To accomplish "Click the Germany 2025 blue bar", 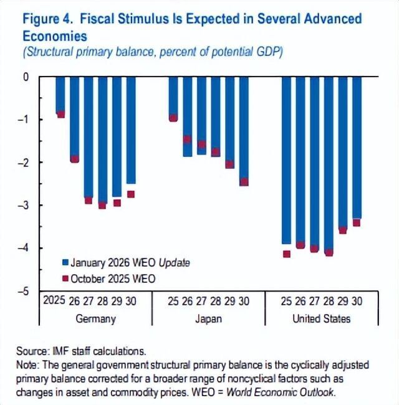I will point(60,93).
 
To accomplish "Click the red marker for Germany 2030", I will point(131,194).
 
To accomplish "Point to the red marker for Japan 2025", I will point(173,118).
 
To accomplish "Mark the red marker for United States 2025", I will point(287,254).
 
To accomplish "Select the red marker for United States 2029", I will point(343,230).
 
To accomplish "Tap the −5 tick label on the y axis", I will point(26,291).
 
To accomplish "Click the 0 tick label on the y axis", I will point(27,77).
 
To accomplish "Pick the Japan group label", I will point(208,319).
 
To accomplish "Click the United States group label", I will point(321,319).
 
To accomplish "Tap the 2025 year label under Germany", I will point(54,302).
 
